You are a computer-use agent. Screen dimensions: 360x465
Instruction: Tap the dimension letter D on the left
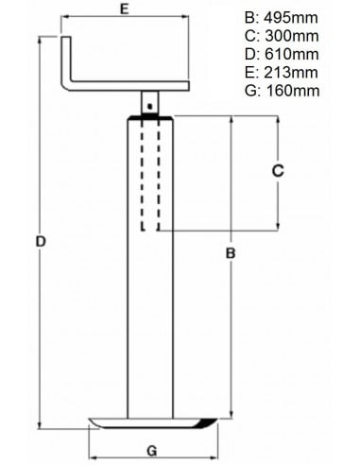tap(40, 242)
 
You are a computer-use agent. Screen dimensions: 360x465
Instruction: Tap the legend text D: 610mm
tap(283, 56)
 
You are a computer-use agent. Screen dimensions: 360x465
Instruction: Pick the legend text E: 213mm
tap(283, 74)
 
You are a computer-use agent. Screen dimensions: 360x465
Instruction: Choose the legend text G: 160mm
tap(283, 92)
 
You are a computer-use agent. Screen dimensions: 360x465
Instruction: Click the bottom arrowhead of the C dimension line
tap(278, 227)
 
